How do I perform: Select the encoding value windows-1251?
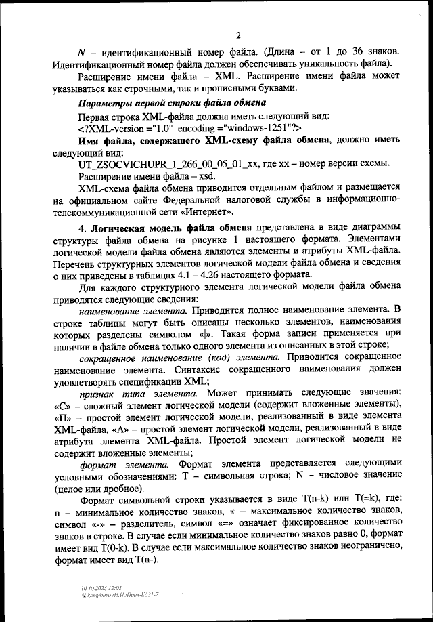(254, 127)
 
